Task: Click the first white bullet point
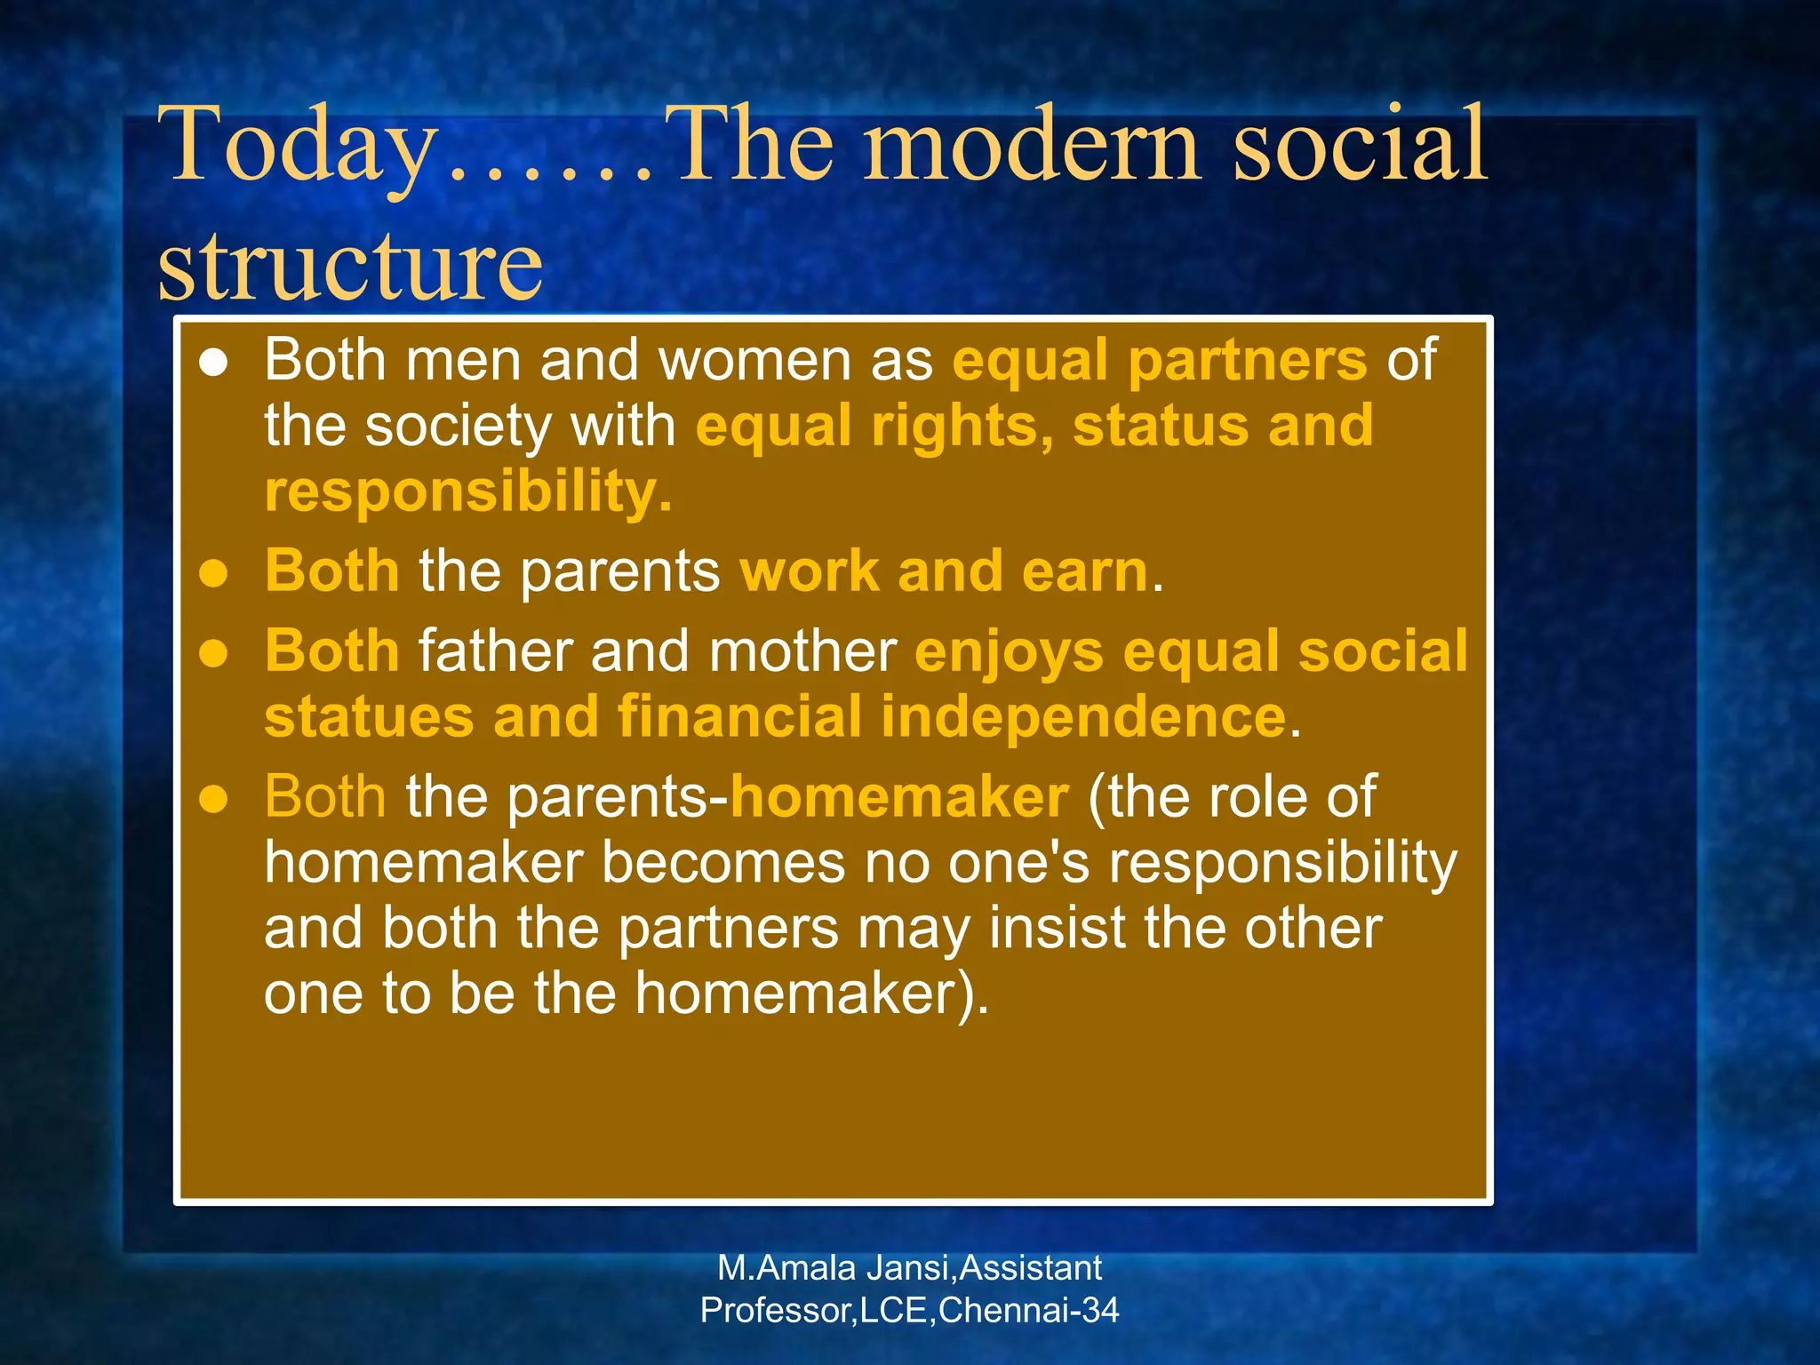pyautogui.click(x=213, y=363)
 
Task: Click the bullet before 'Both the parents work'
pyautogui.click(x=213, y=573)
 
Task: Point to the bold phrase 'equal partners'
pyautogui.click(x=1159, y=361)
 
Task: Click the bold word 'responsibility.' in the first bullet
pyautogui.click(x=467, y=492)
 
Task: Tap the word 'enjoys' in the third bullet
pyautogui.click(x=1009, y=652)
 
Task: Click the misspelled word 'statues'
pyautogui.click(x=369, y=717)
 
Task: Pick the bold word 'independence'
pyautogui.click(x=1083, y=717)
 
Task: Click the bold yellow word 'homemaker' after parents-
pyautogui.click(x=898, y=797)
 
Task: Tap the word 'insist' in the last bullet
pyautogui.click(x=1057, y=929)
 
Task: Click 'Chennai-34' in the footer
pyautogui.click(x=1028, y=1311)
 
